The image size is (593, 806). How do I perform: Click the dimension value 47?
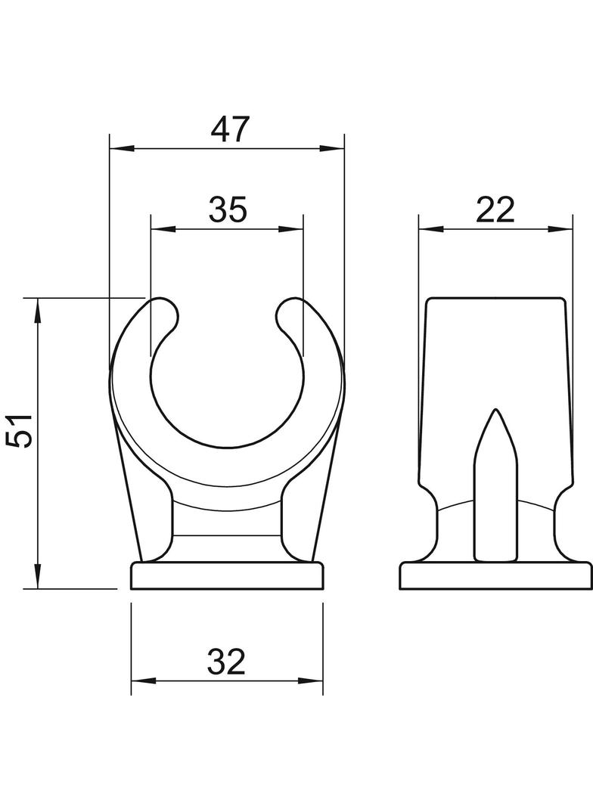230,129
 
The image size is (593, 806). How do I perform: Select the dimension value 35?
228,209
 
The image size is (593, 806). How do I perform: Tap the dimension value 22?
495,209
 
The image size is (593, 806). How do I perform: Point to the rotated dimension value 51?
21,430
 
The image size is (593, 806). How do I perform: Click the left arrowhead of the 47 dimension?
123,149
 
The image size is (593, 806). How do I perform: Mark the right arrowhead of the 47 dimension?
332,149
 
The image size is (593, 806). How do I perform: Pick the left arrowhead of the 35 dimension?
163,229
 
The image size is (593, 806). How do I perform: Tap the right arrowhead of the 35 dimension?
290,229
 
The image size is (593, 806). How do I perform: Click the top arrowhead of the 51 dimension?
38,311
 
